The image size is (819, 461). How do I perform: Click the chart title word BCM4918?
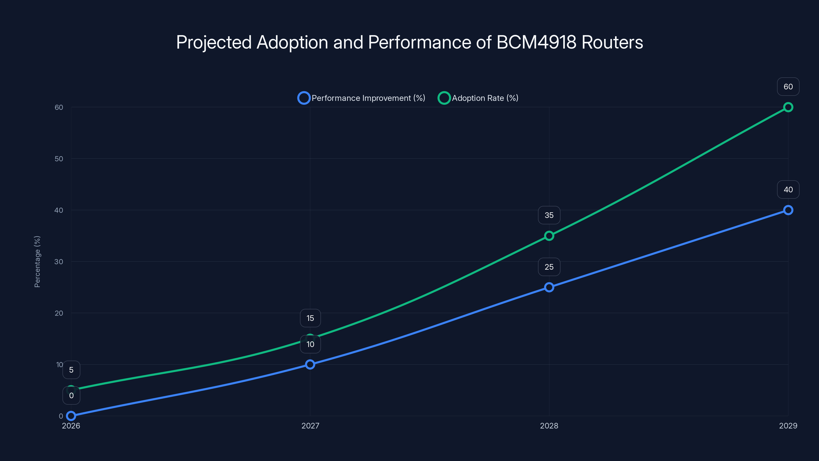(x=536, y=42)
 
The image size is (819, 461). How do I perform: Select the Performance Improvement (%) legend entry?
(x=361, y=98)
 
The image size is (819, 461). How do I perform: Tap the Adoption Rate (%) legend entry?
(x=479, y=98)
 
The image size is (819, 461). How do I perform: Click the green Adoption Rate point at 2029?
(x=788, y=107)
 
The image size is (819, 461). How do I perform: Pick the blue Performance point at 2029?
(x=788, y=210)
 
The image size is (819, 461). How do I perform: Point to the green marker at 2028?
(x=549, y=236)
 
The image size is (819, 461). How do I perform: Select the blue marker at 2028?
(x=549, y=287)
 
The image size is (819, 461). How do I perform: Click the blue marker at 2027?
(x=310, y=364)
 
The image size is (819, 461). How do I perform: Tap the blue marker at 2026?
(x=71, y=416)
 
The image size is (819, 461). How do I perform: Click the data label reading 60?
(x=788, y=87)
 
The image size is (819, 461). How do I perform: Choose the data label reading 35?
(x=549, y=215)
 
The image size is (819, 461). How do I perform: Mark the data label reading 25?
(x=549, y=267)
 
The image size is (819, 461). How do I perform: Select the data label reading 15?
(x=310, y=318)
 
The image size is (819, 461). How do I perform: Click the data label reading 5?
(x=71, y=370)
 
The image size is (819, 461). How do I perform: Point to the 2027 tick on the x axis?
(x=310, y=426)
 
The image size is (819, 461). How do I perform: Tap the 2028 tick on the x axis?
(x=549, y=426)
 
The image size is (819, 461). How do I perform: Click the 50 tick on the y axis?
(x=59, y=159)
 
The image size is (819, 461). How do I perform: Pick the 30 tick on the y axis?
(x=59, y=261)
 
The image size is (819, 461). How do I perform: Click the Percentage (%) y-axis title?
(x=37, y=261)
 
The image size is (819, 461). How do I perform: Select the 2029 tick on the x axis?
(x=788, y=426)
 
